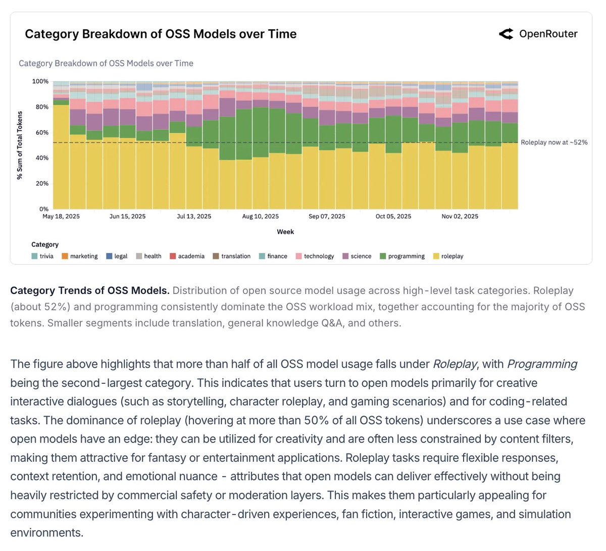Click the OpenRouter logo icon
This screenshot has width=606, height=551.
[506, 34]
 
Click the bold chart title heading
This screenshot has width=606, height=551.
[161, 34]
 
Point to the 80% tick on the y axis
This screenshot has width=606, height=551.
[40, 107]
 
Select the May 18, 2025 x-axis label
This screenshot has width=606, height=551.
[61, 216]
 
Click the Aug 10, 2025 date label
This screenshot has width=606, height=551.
[260, 216]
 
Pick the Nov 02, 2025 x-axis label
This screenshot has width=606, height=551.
[460, 216]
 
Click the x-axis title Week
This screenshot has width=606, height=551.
[285, 232]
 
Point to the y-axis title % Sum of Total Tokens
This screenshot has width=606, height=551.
[20, 145]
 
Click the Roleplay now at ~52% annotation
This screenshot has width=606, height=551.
[554, 142]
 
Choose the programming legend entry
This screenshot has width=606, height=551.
[402, 256]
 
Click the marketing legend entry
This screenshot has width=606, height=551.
[80, 256]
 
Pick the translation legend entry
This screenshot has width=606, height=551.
[231, 256]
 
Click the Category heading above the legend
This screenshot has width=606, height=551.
[45, 244]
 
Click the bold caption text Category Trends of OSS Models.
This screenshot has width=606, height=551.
[89, 290]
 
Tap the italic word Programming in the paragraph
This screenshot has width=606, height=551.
[542, 364]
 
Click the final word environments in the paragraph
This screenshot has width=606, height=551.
[46, 533]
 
